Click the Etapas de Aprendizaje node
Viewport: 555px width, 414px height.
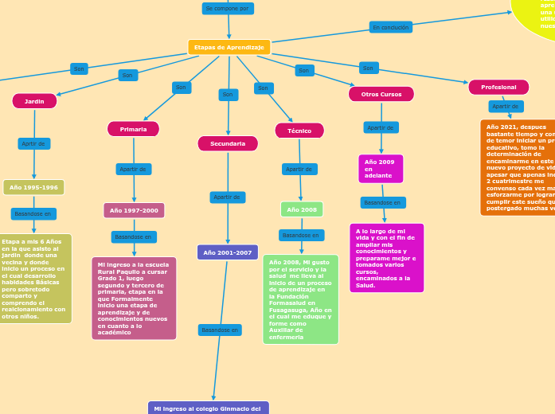229,48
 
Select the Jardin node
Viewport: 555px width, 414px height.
34,101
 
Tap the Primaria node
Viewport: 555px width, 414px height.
133,129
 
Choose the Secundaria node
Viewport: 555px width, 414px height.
228,143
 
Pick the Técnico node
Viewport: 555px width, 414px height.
299,131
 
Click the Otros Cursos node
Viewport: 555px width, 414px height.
381,94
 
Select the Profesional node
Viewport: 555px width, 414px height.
498,87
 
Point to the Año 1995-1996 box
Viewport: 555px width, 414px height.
33,187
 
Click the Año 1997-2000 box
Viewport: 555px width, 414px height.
134,210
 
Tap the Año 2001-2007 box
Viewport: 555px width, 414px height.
228,252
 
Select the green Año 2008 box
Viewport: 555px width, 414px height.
302,209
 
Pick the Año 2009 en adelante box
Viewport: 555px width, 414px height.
381,169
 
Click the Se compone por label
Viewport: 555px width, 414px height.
227,9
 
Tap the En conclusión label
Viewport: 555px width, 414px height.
391,27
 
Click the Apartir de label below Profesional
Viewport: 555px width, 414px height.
506,106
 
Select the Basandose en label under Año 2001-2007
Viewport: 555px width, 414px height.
220,330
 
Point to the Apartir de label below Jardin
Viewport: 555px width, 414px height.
33,144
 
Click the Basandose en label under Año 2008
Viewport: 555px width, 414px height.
301,235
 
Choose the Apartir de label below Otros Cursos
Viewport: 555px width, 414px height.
381,127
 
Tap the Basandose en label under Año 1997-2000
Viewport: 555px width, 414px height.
133,236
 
